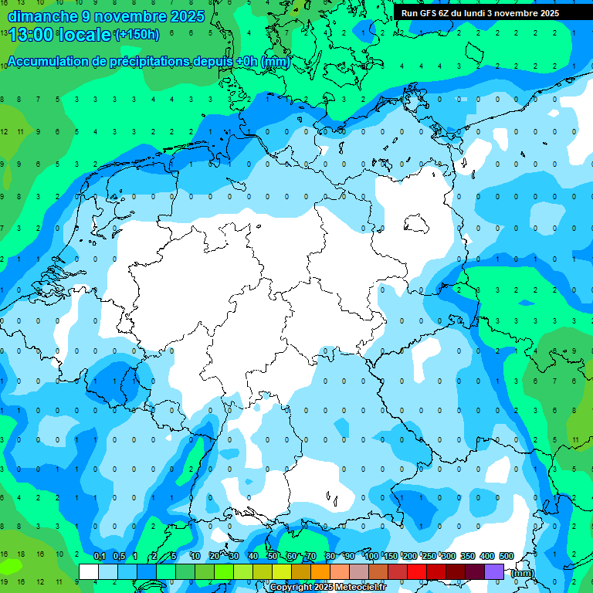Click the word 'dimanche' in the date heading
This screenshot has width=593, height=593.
click(39, 16)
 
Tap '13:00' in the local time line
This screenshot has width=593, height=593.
click(31, 35)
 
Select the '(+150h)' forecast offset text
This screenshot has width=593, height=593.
click(137, 35)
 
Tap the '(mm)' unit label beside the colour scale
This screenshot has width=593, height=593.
click(523, 572)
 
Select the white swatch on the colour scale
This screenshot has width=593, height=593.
click(89, 571)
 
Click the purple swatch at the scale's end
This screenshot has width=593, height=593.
click(494, 571)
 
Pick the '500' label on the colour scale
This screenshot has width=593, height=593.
click(507, 556)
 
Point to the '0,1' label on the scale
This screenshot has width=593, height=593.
click(100, 556)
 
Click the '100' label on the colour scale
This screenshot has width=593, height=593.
click(371, 556)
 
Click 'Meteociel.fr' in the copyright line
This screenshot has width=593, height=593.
click(372, 588)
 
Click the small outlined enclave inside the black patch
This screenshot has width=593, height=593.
click(418, 224)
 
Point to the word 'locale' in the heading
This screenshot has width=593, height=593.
click(85, 35)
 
